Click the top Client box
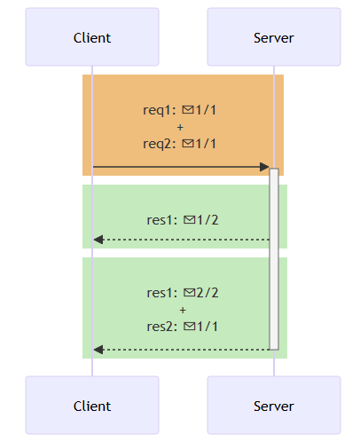point(92,37)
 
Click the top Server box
point(274,37)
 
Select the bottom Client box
point(92,406)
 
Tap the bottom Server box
point(274,406)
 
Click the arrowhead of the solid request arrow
point(264,167)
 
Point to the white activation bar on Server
point(274,259)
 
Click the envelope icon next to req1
point(188,110)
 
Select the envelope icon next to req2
point(188,144)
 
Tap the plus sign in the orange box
point(180,128)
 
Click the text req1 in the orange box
point(157,110)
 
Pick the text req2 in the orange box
point(157,144)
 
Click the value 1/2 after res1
point(207,220)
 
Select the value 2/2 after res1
point(207,293)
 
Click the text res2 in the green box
point(160,327)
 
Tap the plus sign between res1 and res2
point(183,311)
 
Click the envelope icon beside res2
point(190,327)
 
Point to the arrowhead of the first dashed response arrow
point(98,240)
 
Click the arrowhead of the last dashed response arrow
point(98,350)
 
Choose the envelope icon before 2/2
point(190,293)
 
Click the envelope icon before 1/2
point(190,220)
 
